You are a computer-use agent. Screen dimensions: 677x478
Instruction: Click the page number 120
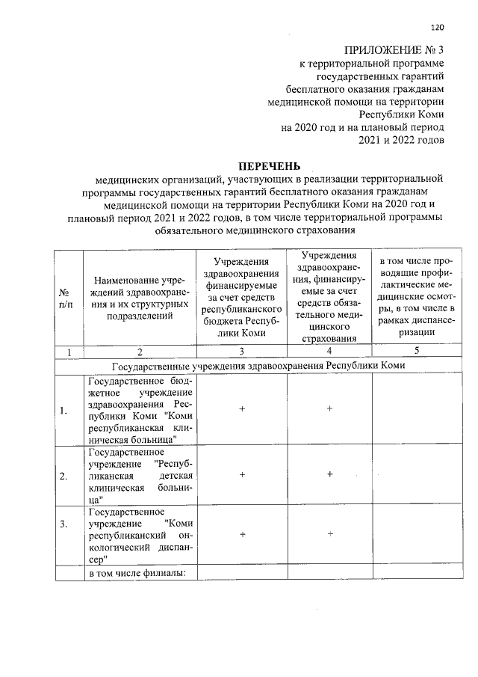(x=438, y=28)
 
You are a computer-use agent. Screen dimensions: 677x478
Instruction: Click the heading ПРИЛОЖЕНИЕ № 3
(x=395, y=50)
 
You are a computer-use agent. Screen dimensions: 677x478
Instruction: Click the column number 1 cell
(x=68, y=352)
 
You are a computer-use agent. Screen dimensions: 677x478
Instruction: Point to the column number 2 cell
(x=139, y=352)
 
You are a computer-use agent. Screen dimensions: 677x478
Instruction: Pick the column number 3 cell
(x=242, y=352)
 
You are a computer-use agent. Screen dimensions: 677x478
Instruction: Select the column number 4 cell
(x=329, y=352)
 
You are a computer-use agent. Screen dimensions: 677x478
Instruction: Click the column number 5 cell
(x=415, y=352)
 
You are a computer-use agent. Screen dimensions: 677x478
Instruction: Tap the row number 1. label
(x=64, y=409)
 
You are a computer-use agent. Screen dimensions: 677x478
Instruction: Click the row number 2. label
(x=64, y=475)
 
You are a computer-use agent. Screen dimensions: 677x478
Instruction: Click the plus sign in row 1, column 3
(x=242, y=409)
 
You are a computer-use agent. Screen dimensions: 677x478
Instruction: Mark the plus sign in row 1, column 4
(x=329, y=408)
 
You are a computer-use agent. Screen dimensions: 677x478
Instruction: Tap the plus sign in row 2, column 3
(x=242, y=475)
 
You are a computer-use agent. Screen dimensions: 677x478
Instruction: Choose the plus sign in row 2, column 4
(x=329, y=475)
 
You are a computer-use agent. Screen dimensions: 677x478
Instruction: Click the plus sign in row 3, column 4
(x=329, y=533)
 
